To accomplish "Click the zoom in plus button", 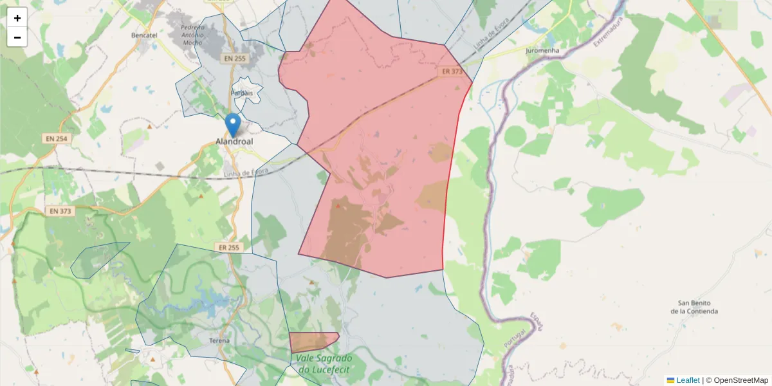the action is click(17, 18).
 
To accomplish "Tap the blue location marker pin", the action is click(233, 125).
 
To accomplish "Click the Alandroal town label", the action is click(234, 142).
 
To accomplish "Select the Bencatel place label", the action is click(144, 35).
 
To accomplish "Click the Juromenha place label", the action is click(542, 50).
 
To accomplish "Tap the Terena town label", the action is click(219, 340).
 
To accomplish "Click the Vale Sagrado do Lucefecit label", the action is click(324, 363).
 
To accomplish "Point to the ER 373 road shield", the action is click(452, 72).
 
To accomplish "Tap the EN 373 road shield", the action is click(61, 211).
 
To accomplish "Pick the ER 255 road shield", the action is click(228, 247).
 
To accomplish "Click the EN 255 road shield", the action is click(235, 59).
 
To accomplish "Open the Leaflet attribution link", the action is click(687, 380).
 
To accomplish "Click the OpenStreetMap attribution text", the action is click(740, 380).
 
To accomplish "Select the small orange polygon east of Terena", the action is click(313, 341).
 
